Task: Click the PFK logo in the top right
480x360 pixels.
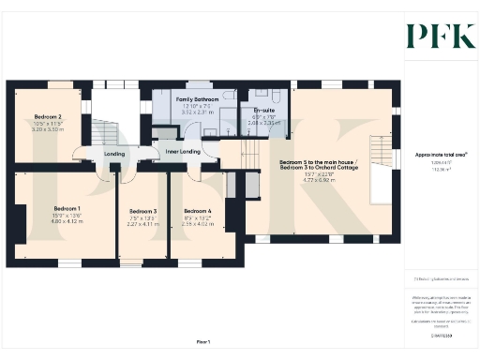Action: pyautogui.click(x=435, y=35)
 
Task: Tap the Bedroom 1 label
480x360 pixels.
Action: pyautogui.click(x=67, y=207)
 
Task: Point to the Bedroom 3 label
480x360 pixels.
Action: pyautogui.click(x=142, y=212)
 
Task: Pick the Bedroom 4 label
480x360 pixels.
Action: pyautogui.click(x=197, y=211)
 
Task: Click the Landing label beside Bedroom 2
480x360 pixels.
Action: pyautogui.click(x=114, y=154)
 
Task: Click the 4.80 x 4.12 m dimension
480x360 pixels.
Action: pyautogui.click(x=67, y=221)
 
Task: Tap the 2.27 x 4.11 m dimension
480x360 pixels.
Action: pyautogui.click(x=142, y=224)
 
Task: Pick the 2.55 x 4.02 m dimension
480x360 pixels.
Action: pyautogui.click(x=197, y=223)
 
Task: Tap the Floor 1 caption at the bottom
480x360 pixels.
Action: pyautogui.click(x=202, y=340)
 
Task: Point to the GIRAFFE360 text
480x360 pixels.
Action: pyautogui.click(x=434, y=333)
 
